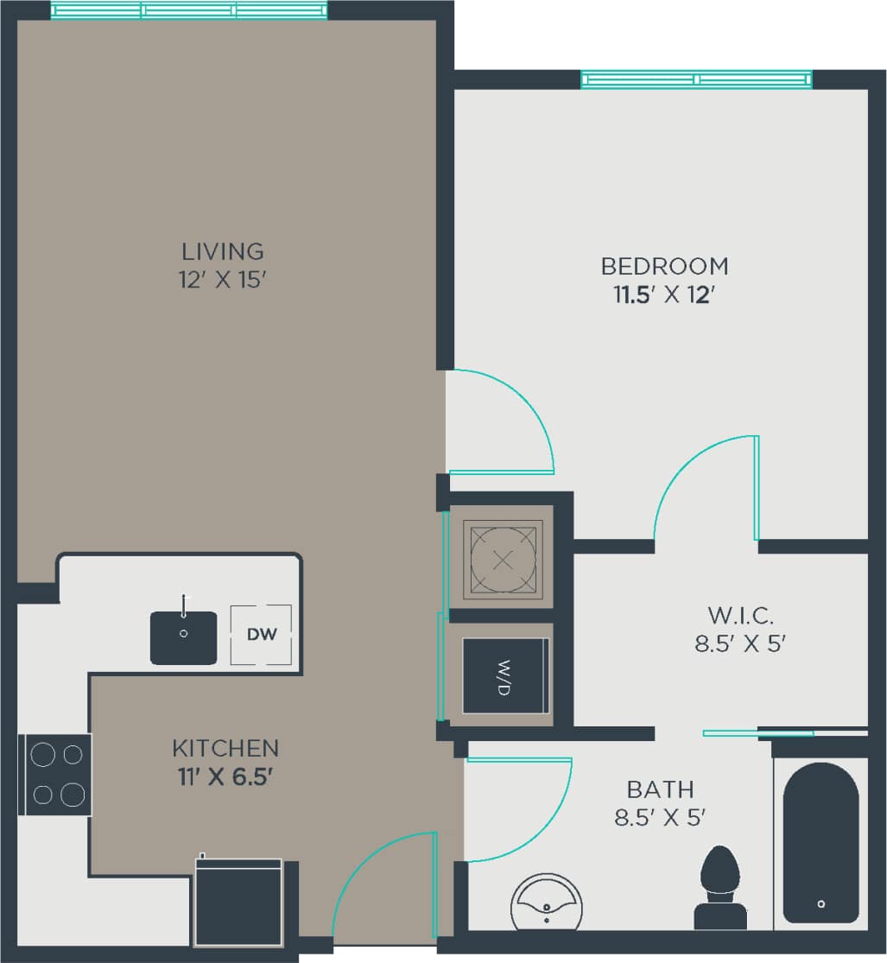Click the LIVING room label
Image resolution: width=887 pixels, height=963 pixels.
[x=222, y=251]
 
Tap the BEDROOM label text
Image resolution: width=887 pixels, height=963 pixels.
[x=664, y=265]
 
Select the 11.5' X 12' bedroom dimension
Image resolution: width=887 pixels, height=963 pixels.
[x=664, y=295]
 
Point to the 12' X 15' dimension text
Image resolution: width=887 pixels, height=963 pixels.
[x=222, y=281]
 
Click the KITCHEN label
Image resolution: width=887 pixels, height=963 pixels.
[x=225, y=747]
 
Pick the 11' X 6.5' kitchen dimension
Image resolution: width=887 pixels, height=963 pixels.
[x=225, y=776]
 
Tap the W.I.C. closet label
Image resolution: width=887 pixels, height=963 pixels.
[x=740, y=616]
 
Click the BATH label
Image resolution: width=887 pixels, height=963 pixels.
[x=660, y=789]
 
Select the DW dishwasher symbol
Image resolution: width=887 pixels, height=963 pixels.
[x=261, y=635]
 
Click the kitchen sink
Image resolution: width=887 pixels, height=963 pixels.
[x=184, y=637]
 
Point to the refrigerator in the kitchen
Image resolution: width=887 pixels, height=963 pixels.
[x=239, y=901]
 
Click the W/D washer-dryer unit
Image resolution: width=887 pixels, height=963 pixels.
[x=505, y=675]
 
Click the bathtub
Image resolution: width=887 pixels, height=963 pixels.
[x=820, y=842]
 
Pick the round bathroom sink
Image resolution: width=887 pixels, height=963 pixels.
[x=546, y=903]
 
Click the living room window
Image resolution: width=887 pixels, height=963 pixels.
[x=189, y=10]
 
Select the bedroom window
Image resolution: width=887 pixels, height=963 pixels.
[x=696, y=79]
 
